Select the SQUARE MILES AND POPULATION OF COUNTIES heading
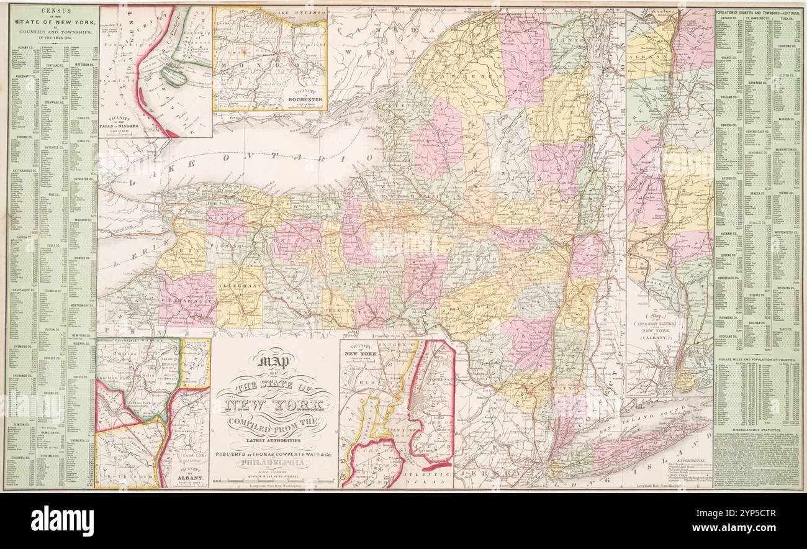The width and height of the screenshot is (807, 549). (757, 360)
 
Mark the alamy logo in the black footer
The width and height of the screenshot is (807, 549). (62, 520)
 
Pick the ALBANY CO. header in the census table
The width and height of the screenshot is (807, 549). (25, 47)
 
